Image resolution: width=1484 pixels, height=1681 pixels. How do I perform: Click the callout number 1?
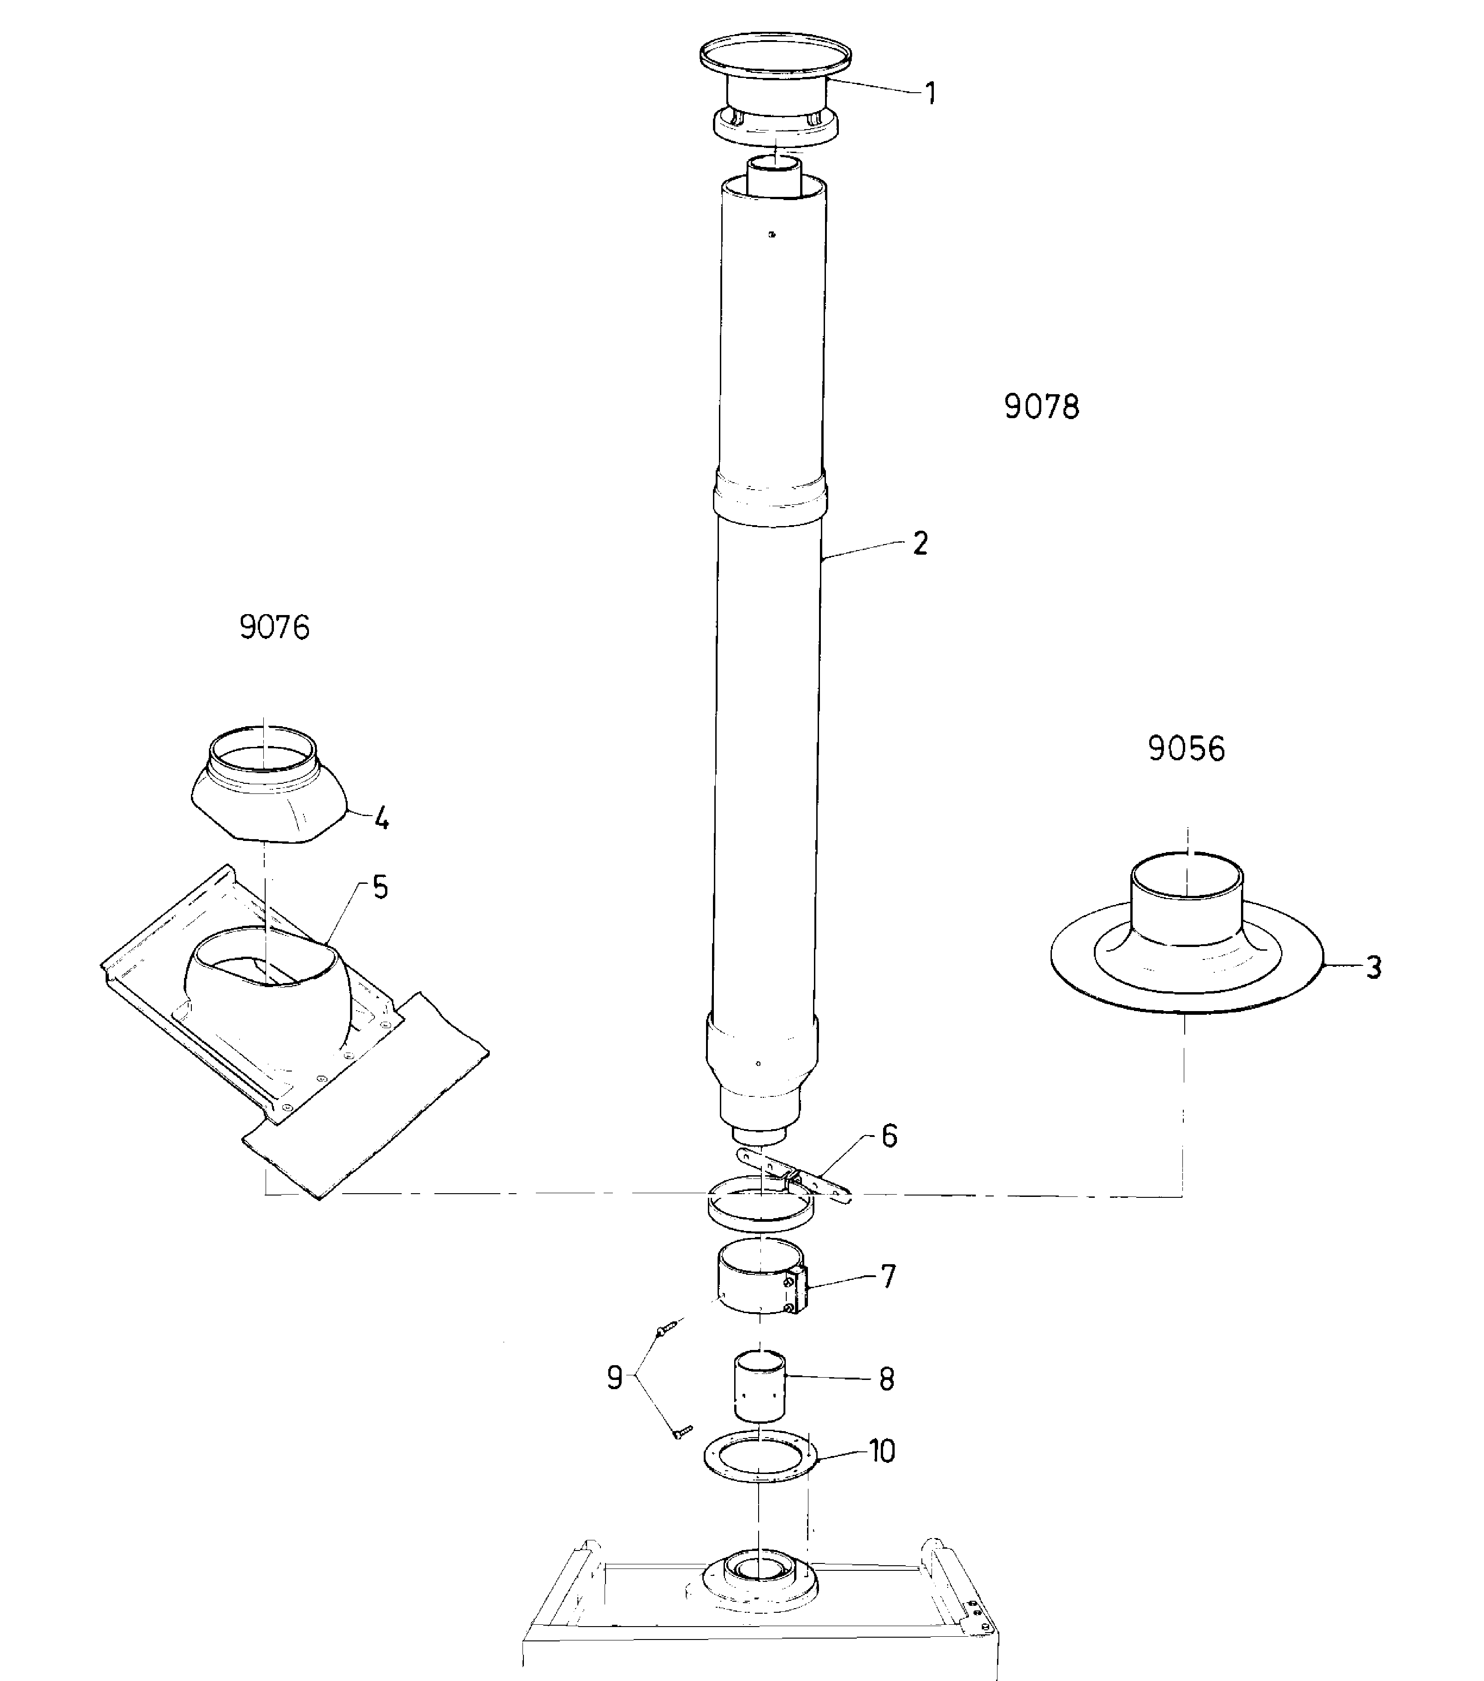click(x=930, y=94)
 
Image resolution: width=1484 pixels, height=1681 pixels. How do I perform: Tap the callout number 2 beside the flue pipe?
click(x=920, y=544)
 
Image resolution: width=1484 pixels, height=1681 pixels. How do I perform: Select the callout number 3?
click(x=1373, y=968)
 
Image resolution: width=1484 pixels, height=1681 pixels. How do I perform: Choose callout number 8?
click(x=886, y=1379)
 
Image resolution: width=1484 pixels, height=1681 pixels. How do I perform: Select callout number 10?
click(x=882, y=1451)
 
